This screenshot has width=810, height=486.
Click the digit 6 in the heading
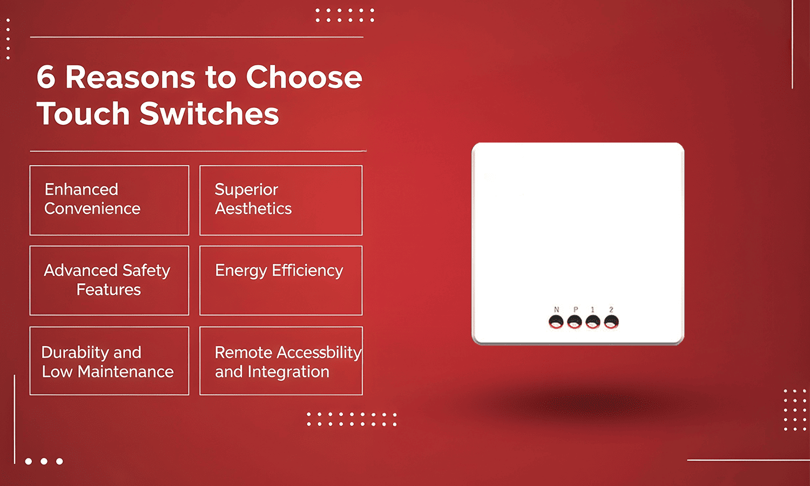tap(46, 77)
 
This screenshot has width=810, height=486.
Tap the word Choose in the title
tap(304, 77)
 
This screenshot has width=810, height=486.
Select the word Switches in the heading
tap(210, 114)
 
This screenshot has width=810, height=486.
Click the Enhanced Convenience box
tap(109, 200)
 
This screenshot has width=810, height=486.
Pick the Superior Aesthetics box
tap(281, 200)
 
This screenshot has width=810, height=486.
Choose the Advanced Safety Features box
tap(109, 280)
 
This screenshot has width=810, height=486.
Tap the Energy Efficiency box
tap(281, 280)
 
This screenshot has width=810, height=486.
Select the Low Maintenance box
tap(109, 361)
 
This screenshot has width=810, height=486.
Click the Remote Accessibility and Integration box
tap(281, 361)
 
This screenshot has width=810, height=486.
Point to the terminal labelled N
tap(556, 322)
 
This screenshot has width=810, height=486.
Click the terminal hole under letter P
tap(575, 322)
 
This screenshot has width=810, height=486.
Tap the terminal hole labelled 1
tap(593, 322)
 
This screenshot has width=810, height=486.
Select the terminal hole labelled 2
tap(611, 322)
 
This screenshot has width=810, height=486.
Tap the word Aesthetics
tap(253, 208)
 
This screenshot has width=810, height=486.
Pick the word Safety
tap(146, 270)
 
